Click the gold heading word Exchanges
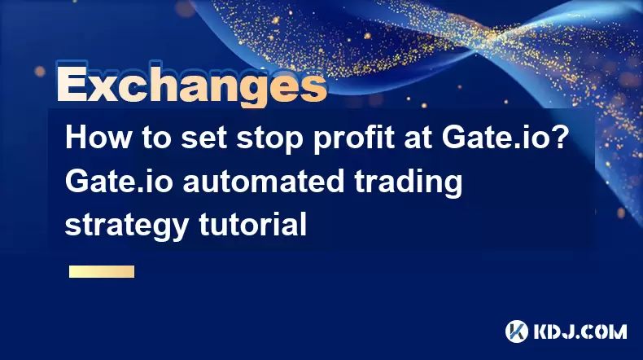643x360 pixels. pyautogui.click(x=191, y=85)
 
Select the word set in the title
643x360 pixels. pyautogui.click(x=203, y=138)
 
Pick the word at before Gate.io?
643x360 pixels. pyautogui.click(x=416, y=138)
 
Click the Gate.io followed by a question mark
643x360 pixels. pyautogui.click(x=496, y=137)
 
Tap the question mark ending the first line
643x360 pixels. pyautogui.click(x=561, y=137)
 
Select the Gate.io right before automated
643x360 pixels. pyautogui.click(x=119, y=181)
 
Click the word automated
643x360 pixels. pyautogui.click(x=263, y=182)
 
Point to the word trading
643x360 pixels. pyautogui.click(x=409, y=183)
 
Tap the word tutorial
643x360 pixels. pyautogui.click(x=252, y=224)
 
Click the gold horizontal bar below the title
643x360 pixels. pyautogui.click(x=102, y=271)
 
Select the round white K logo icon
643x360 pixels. pyautogui.click(x=517, y=331)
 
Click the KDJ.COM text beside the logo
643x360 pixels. pyautogui.click(x=580, y=331)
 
